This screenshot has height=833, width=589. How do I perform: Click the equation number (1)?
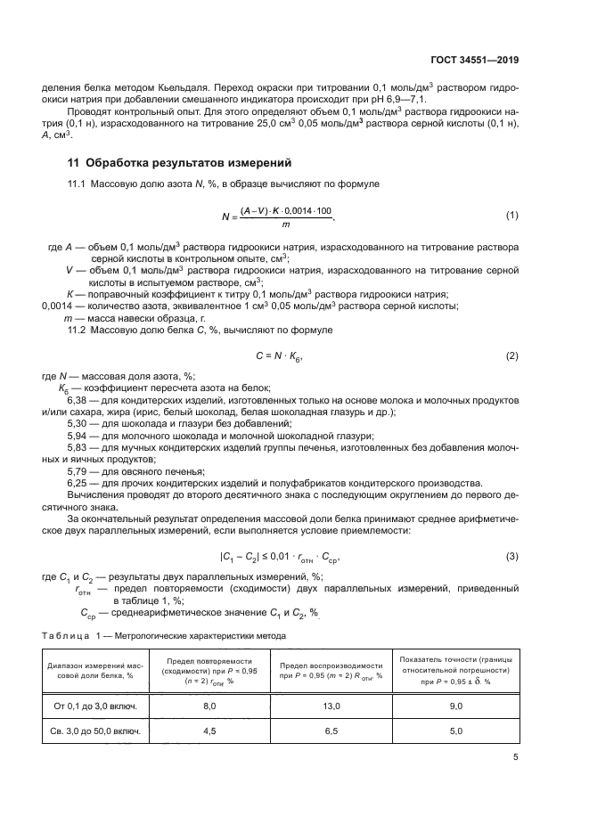pos(512,215)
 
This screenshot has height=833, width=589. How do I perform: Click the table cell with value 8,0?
pos(209,706)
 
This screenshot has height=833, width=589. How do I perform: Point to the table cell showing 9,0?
pos(455,706)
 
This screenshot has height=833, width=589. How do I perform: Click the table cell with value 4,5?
pos(209,733)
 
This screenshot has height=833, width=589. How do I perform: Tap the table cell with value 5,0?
pos(455,733)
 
